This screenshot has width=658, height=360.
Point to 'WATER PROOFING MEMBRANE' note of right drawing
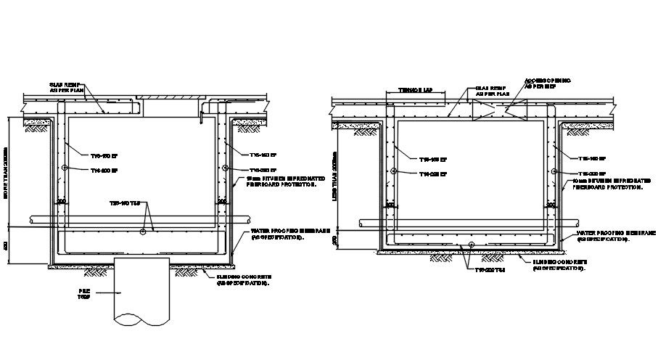(616, 235)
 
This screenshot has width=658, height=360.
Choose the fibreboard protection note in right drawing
(607, 184)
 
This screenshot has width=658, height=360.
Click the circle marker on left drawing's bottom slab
(143, 232)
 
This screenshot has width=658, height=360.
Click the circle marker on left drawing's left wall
(65, 168)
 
